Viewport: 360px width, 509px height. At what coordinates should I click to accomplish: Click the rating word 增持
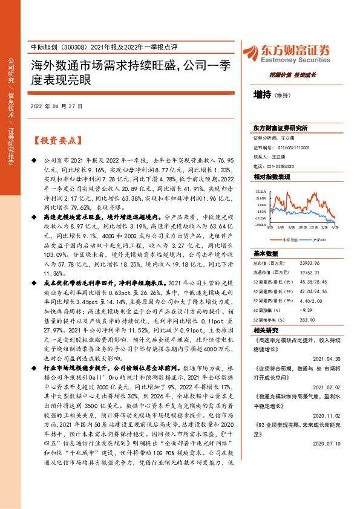coord(263,94)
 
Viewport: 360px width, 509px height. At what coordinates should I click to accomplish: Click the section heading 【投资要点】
coord(56,140)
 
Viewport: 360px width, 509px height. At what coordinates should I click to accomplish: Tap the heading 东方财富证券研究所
coord(280,129)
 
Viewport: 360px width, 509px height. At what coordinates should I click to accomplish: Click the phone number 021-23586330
coord(282,166)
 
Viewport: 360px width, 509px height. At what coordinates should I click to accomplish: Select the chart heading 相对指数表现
coord(272,177)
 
